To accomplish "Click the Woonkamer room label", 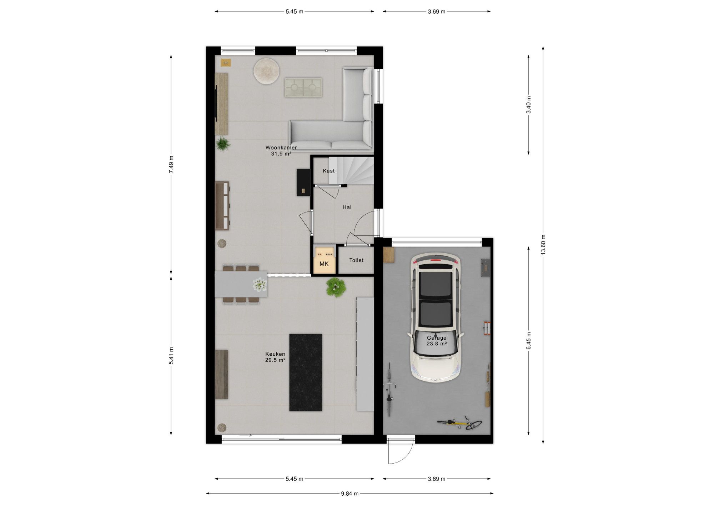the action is (x=281, y=147).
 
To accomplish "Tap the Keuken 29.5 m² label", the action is (x=275, y=357).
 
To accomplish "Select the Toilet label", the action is (x=356, y=260).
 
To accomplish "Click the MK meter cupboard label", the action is (x=324, y=264).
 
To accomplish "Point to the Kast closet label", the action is (x=329, y=171).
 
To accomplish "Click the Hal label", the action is (x=347, y=207).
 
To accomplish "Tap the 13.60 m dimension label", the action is (x=543, y=245).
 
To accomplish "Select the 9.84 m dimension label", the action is (x=350, y=494).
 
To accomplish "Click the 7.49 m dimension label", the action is (x=171, y=165).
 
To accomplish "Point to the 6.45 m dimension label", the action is (x=529, y=341).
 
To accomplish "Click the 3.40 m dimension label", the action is (x=529, y=105).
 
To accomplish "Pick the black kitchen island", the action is (x=306, y=372).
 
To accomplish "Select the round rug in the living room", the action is (x=266, y=71).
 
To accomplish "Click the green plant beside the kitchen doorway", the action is (x=336, y=287).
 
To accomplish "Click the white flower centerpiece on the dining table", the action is (x=260, y=285).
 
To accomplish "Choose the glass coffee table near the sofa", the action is (x=303, y=87).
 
